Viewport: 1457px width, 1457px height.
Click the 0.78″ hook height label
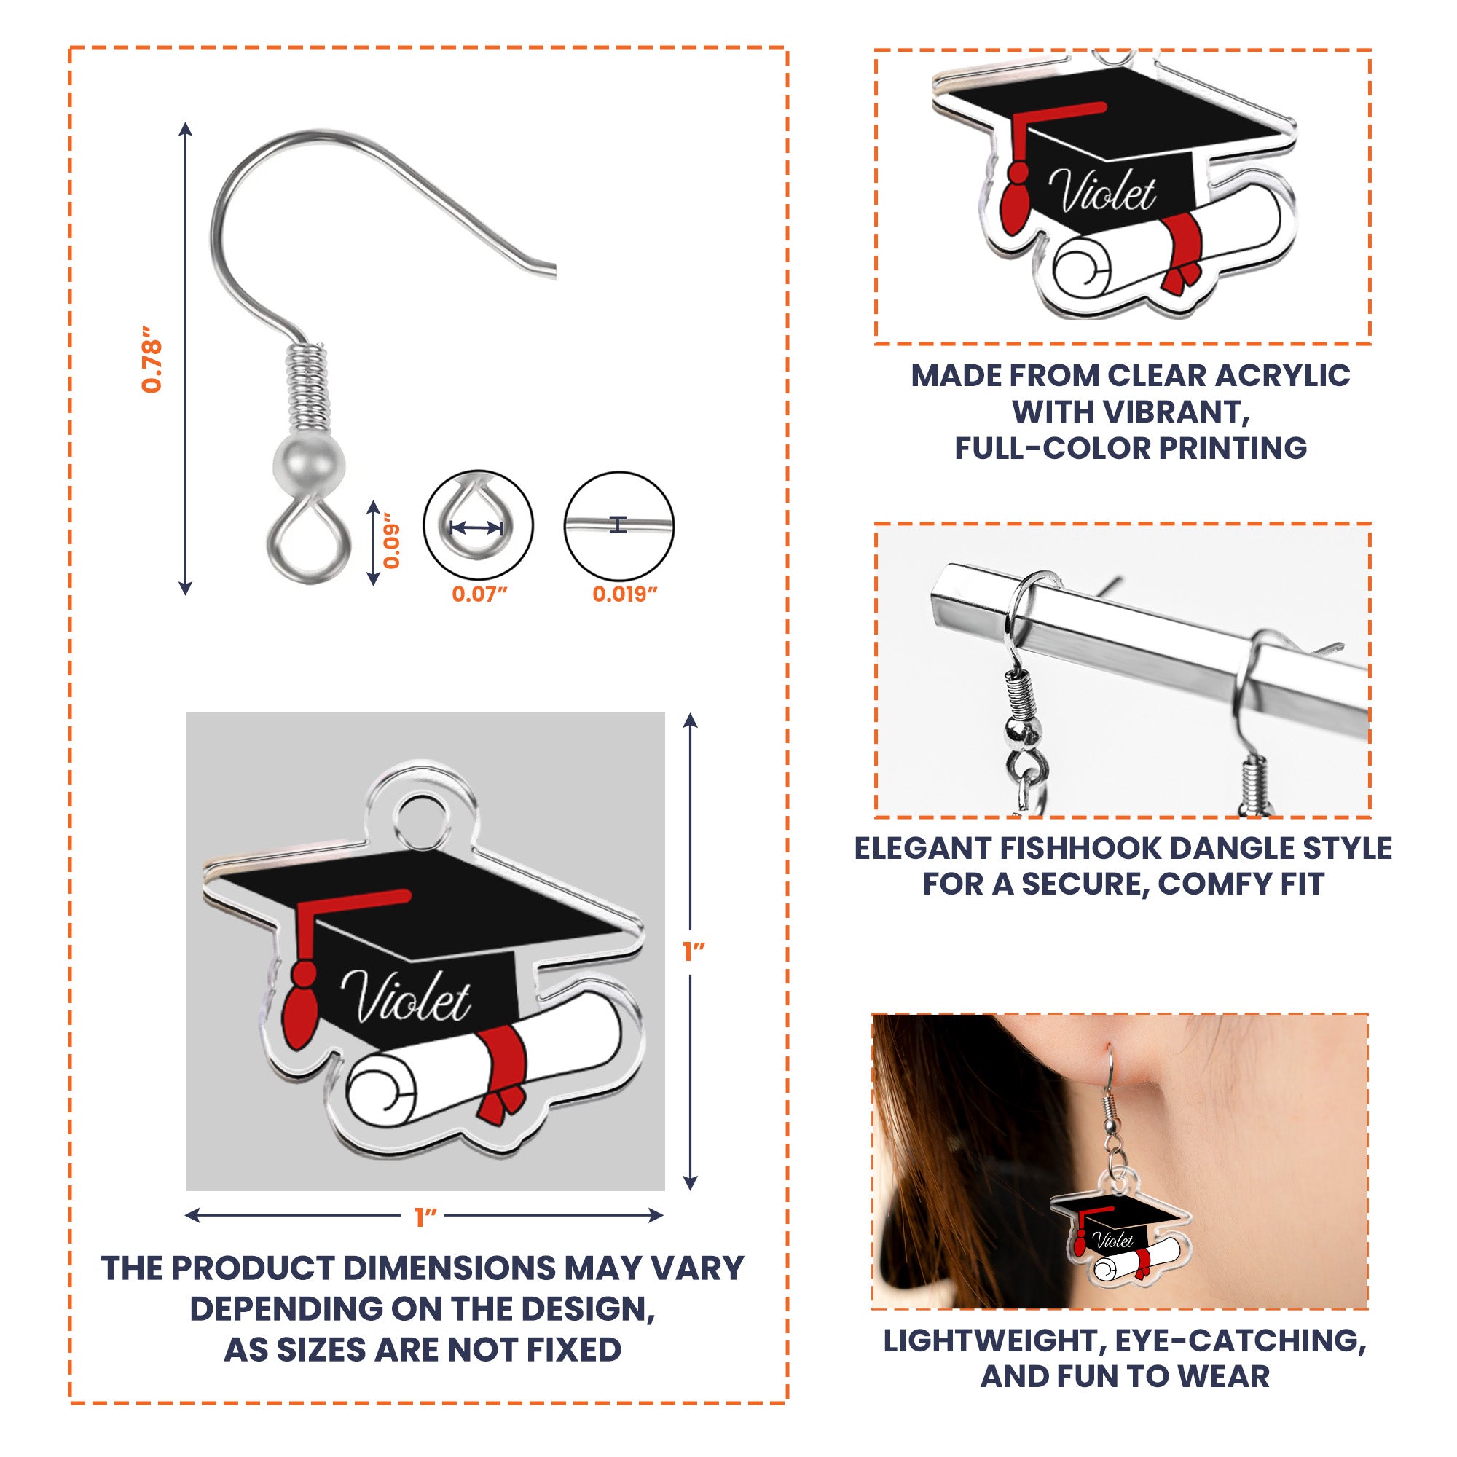pyautogui.click(x=152, y=360)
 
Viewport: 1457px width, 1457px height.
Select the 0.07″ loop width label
pyautogui.click(x=479, y=594)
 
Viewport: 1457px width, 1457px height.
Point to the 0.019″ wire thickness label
pyautogui.click(x=624, y=594)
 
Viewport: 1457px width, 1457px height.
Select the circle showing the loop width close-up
pyautogui.click(x=478, y=526)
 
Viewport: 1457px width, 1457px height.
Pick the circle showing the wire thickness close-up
pyautogui.click(x=619, y=526)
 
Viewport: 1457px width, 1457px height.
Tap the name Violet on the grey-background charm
pyautogui.click(x=406, y=998)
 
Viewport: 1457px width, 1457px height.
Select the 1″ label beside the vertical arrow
pyautogui.click(x=693, y=951)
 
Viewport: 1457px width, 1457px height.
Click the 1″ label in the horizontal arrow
pyautogui.click(x=425, y=1217)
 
